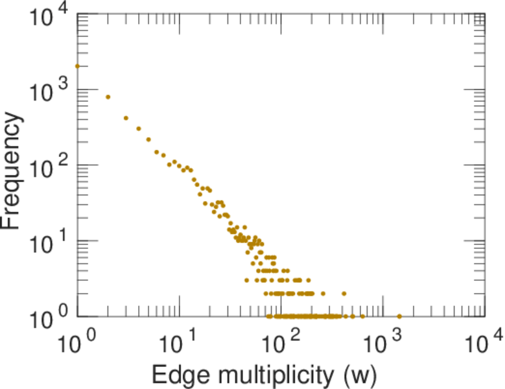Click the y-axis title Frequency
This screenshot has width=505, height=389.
pyautogui.click(x=14, y=170)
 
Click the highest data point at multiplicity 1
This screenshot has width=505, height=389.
pyautogui.click(x=77, y=66)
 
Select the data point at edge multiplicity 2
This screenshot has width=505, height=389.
pyautogui.click(x=108, y=97)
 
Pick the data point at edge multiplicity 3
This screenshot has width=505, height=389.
pyautogui.click(x=126, y=118)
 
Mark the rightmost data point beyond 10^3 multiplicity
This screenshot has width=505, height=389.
pyautogui.click(x=399, y=316)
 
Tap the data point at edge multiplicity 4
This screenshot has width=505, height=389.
pyautogui.click(x=139, y=128)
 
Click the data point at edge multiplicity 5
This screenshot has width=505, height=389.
pyautogui.click(x=148, y=139)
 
